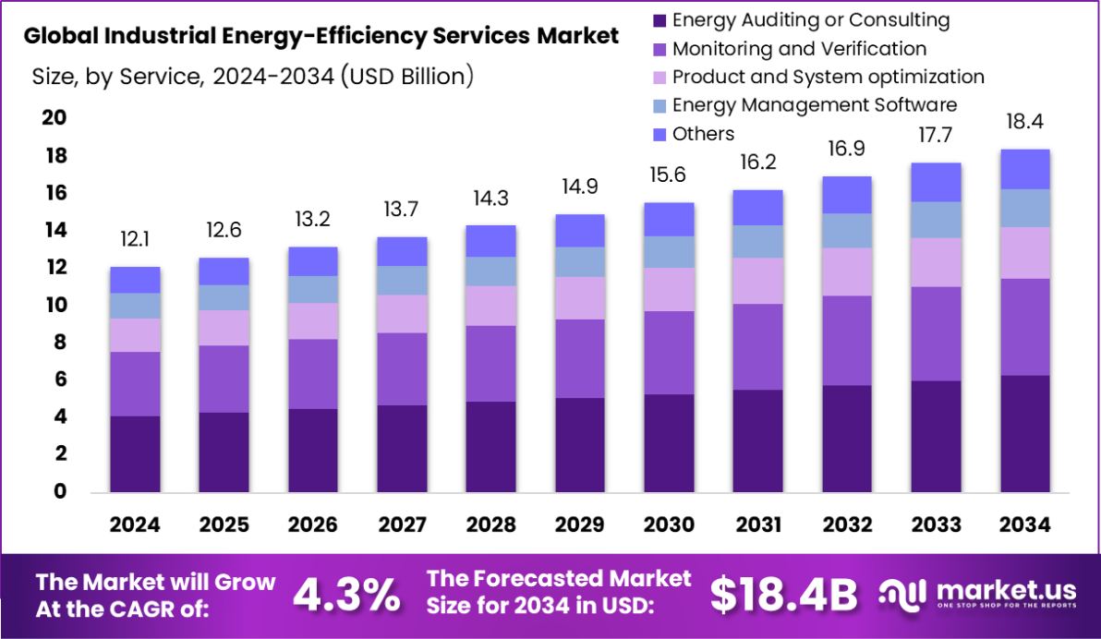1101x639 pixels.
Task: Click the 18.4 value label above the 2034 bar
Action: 1025,122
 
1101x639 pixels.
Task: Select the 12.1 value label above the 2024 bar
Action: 135,240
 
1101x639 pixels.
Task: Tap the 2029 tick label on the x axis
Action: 579,524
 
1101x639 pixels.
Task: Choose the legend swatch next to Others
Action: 659,135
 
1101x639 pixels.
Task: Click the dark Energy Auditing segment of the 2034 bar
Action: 1025,433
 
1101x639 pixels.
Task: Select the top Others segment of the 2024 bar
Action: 135,280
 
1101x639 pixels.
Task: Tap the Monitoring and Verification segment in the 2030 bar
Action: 669,353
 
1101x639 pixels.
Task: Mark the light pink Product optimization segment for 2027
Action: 402,314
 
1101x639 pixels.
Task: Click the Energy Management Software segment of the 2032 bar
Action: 847,231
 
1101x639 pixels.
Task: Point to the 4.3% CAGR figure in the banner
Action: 346,596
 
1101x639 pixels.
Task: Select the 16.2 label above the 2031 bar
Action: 757,163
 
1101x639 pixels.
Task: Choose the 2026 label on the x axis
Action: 312,524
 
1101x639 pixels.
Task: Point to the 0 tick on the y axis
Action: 59,491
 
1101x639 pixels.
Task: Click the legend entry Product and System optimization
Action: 828,77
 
